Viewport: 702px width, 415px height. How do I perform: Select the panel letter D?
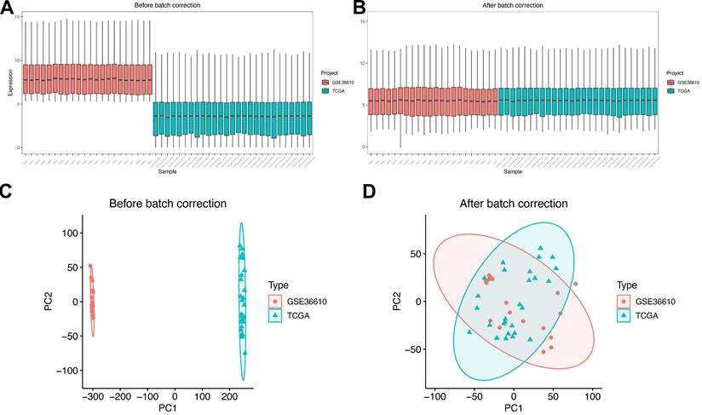pyautogui.click(x=368, y=193)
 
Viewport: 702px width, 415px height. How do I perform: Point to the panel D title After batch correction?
pyautogui.click(x=513, y=204)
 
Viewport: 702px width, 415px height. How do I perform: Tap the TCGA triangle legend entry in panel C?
pyautogui.click(x=291, y=316)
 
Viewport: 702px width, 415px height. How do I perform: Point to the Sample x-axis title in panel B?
pyautogui.click(x=513, y=171)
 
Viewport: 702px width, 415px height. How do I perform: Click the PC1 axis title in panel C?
pyautogui.click(x=175, y=407)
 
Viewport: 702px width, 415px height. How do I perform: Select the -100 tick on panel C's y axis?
pyautogui.click(x=66, y=371)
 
